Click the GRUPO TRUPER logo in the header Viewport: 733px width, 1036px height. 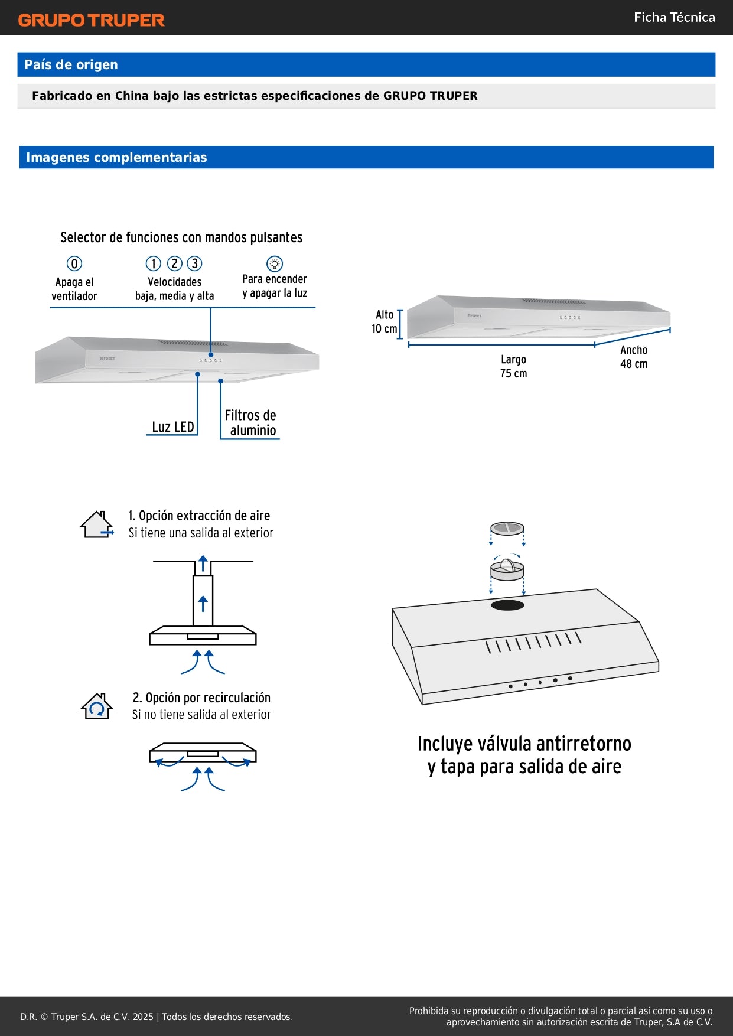(x=91, y=20)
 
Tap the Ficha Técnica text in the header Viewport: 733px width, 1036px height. (x=674, y=17)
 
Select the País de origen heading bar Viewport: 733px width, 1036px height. (x=366, y=64)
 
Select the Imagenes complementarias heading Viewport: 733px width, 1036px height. (x=116, y=157)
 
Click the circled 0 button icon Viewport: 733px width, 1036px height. (x=74, y=263)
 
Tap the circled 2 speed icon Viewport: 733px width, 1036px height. (x=174, y=263)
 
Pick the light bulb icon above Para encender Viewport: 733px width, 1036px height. (x=275, y=263)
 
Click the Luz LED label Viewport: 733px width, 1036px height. (x=172, y=426)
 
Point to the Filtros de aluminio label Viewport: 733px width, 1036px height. (x=251, y=422)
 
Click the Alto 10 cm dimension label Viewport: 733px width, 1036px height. (x=385, y=322)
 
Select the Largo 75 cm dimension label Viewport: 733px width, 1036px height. (x=513, y=366)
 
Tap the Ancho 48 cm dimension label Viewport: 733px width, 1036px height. (x=634, y=357)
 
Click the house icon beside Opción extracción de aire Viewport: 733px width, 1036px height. (x=97, y=524)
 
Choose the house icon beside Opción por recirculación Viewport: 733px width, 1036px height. (x=97, y=706)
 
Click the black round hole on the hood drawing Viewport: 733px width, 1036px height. (x=507, y=605)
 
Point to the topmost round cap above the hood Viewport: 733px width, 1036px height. (x=507, y=527)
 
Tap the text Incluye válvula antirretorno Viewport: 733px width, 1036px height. (x=524, y=744)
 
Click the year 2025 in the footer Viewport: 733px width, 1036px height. (x=143, y=1017)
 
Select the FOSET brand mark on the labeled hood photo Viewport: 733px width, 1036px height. (x=107, y=359)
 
